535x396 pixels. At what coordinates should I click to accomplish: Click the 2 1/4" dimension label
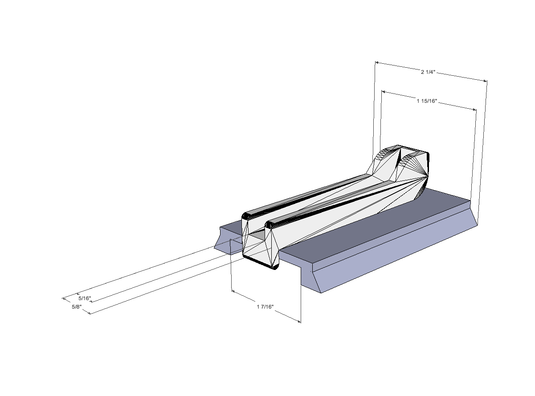[428, 72]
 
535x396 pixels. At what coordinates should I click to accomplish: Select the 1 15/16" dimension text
[427, 101]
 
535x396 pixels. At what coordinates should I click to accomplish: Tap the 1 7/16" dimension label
[265, 306]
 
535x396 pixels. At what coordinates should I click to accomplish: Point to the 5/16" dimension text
[85, 298]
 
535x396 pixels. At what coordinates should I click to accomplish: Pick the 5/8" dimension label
[77, 307]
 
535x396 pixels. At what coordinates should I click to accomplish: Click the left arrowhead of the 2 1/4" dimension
[377, 63]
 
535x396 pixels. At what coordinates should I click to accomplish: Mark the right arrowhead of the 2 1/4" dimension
[485, 81]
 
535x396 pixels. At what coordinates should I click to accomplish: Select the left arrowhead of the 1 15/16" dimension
[383, 92]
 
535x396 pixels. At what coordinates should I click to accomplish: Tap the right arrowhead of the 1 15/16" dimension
[475, 110]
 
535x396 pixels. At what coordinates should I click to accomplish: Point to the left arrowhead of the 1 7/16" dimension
[233, 291]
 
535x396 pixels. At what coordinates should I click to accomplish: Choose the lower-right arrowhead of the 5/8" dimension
[89, 313]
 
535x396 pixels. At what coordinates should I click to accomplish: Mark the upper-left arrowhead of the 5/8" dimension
[64, 299]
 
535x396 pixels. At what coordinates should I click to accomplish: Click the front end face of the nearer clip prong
[272, 246]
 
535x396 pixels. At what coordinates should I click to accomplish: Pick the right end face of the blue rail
[474, 215]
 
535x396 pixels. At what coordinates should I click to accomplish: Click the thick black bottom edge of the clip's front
[259, 263]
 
